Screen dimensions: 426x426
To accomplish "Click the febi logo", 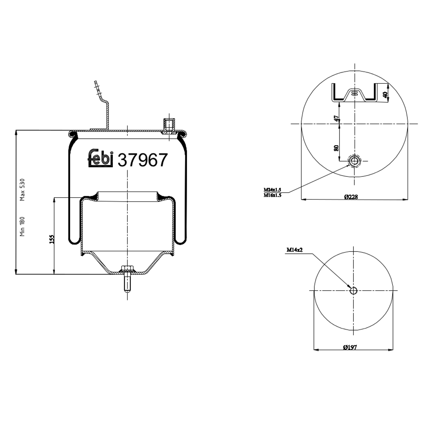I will point(101,158).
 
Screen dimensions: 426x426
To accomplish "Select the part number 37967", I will point(142,160).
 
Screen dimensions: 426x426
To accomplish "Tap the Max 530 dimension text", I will point(22,189).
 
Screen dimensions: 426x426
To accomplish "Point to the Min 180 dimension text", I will point(22,226).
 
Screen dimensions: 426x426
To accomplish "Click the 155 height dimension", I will point(51,239).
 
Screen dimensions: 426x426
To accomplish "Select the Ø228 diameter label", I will point(351,197).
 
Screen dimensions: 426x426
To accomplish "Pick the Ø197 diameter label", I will point(350,347).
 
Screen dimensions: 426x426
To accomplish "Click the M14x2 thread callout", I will point(295,250).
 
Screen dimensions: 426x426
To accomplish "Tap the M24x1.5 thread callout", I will point(272,190).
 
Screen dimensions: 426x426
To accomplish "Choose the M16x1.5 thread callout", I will point(272,195).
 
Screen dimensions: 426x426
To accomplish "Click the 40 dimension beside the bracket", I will point(385,95).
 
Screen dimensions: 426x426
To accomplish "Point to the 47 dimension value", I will point(337,118).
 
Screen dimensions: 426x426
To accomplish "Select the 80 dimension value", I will point(337,148).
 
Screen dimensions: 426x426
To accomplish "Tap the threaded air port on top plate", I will point(169,125).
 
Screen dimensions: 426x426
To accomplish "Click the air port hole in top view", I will point(354,161).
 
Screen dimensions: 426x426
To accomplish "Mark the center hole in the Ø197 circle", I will point(353,291).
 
